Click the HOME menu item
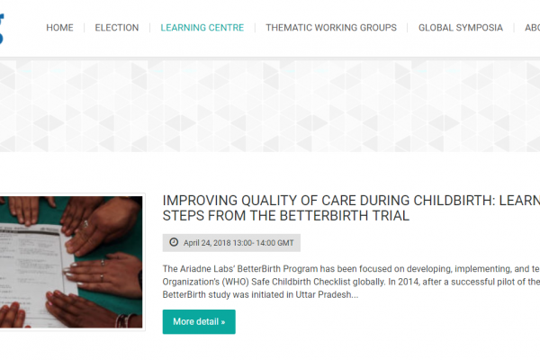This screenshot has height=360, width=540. coord(59,28)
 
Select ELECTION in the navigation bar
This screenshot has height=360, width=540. coord(117,28)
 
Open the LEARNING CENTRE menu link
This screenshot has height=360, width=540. coord(202,28)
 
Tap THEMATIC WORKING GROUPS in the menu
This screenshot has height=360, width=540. coord(331,28)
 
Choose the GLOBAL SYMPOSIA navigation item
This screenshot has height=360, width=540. coord(461,28)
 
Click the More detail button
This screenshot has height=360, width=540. coord(199,322)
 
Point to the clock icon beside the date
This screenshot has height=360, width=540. coord(174,242)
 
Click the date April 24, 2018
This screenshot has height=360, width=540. coord(207,243)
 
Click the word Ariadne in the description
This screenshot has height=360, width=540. coord(196,269)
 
